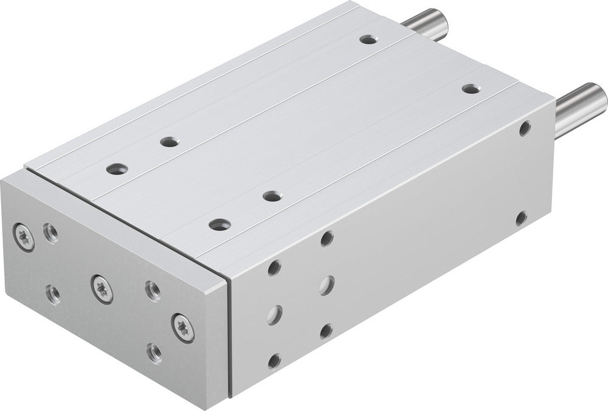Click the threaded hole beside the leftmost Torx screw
click(x=51, y=232)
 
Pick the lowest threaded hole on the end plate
click(x=154, y=352)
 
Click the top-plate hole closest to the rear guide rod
click(x=367, y=40)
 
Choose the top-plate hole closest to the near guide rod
click(x=470, y=88)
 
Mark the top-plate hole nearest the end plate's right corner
click(x=220, y=224)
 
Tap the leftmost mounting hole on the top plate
click(x=114, y=168)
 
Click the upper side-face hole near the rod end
click(x=525, y=128)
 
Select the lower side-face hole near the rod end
click(x=521, y=218)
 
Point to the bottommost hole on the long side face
click(x=274, y=361)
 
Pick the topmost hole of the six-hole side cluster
click(x=326, y=238)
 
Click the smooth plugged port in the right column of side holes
click(x=326, y=284)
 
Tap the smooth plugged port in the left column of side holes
click(x=275, y=313)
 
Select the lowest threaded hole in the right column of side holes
click(x=326, y=331)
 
